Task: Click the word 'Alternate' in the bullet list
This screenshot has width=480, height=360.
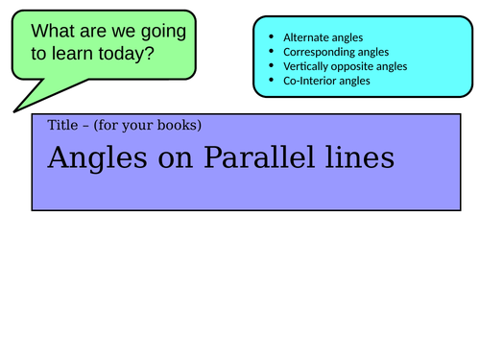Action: coord(306,37)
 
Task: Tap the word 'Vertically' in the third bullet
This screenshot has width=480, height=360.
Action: coord(307,66)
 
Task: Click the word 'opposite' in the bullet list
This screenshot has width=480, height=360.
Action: coord(355,66)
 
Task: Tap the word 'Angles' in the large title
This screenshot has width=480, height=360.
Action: coord(92,157)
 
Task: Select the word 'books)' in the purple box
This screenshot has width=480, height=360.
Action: coord(180,126)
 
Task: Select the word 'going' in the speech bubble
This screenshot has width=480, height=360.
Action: coord(159,33)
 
